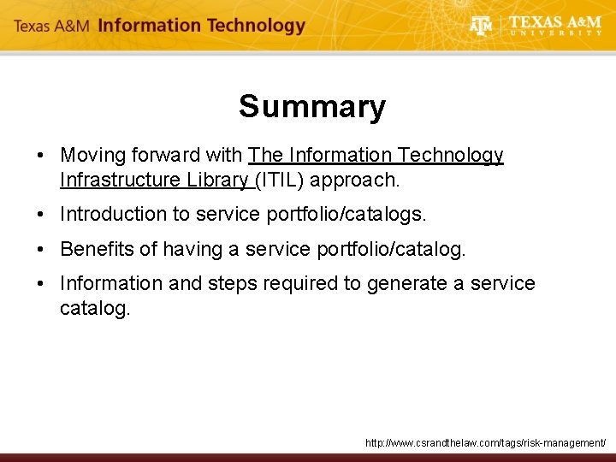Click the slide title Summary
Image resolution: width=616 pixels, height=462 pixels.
pyautogui.click(x=312, y=107)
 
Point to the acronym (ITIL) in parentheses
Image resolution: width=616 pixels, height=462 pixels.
pyautogui.click(x=287, y=181)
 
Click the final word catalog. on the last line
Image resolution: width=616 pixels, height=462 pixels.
pyautogui.click(x=95, y=308)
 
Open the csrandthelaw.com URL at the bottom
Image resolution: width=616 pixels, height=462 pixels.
pyautogui.click(x=485, y=443)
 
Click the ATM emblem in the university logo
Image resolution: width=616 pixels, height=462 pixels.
pyautogui.click(x=482, y=26)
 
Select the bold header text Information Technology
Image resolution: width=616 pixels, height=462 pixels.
pyautogui.click(x=201, y=26)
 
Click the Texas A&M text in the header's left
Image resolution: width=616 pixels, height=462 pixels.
pyautogui.click(x=51, y=27)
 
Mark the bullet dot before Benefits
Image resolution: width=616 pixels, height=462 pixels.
pyautogui.click(x=40, y=250)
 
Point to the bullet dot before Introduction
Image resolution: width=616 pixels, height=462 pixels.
pyautogui.click(x=40, y=215)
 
